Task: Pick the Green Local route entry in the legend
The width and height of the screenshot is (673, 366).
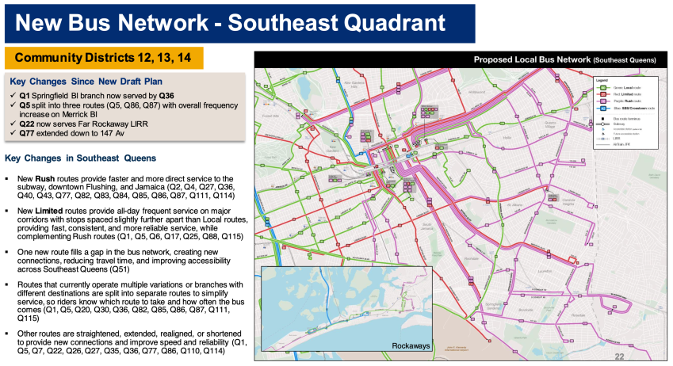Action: tap(620, 86)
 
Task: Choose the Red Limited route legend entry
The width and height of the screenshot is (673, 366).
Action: tap(620, 93)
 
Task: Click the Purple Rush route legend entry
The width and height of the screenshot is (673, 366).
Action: tap(620, 101)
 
